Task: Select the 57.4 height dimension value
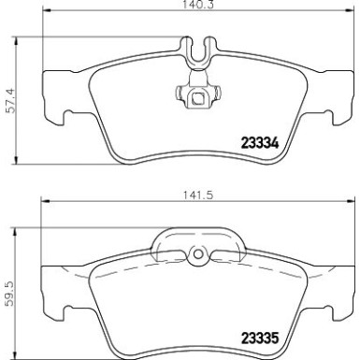pyautogui.click(x=7, y=90)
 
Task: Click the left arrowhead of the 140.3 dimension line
pyautogui.click(x=43, y=20)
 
